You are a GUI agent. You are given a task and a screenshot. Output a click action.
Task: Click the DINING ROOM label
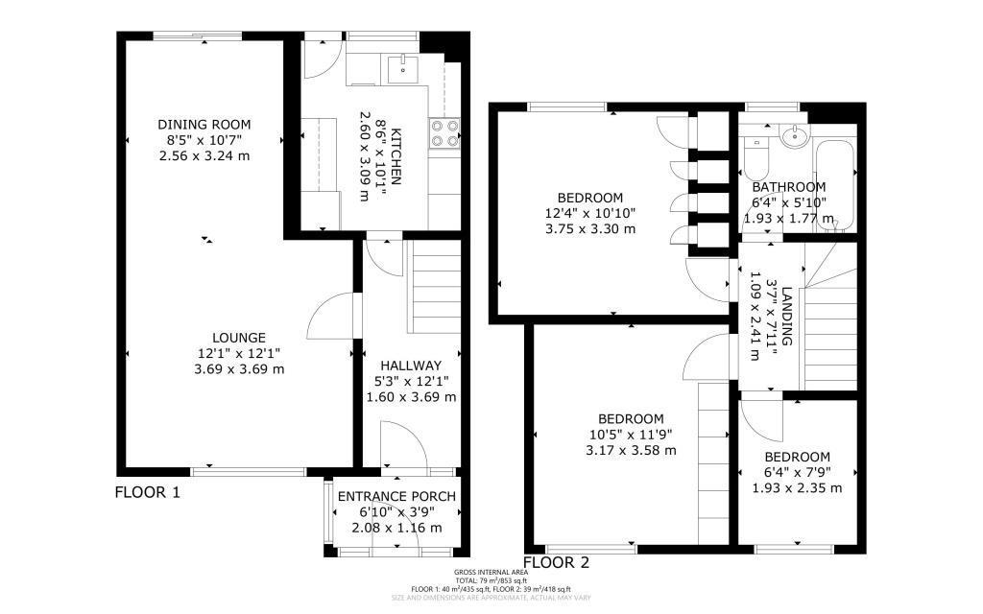[x=204, y=125]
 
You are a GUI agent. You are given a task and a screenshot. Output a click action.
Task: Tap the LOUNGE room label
[x=239, y=338]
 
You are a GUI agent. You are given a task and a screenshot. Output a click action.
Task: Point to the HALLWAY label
[x=410, y=366]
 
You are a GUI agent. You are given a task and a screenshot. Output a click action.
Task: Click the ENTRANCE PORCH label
[x=396, y=496]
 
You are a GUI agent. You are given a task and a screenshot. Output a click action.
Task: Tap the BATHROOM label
[x=788, y=187]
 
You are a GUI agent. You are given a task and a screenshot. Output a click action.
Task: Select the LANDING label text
[x=786, y=316]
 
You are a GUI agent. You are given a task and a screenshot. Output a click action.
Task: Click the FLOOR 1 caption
[x=148, y=493]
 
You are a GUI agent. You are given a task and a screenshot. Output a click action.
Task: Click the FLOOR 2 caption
[x=556, y=562]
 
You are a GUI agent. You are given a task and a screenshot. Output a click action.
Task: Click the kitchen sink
[x=401, y=66]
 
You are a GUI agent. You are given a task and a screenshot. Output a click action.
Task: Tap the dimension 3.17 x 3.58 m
[x=631, y=450]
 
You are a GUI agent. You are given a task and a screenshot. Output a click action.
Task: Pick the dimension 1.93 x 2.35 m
[x=797, y=488]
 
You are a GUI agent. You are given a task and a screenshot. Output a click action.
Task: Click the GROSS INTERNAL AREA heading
[x=491, y=573]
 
